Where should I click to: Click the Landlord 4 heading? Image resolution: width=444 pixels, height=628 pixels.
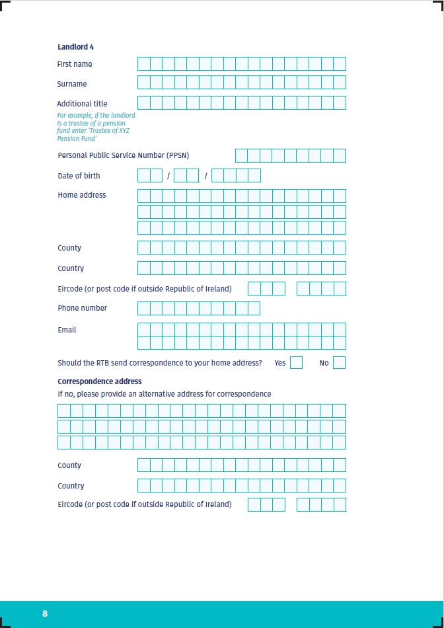pyautogui.click(x=75, y=47)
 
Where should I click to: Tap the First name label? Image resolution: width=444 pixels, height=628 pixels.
pyautogui.click(x=75, y=64)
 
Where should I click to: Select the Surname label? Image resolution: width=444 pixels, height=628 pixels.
pyautogui.click(x=72, y=84)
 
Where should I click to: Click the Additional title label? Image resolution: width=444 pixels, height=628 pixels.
pyautogui.click(x=82, y=104)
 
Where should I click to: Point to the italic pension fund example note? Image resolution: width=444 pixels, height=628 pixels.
pyautogui.click(x=96, y=127)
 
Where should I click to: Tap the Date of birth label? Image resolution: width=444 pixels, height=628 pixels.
pyautogui.click(x=79, y=176)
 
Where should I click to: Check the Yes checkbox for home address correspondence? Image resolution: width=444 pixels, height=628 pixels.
pyautogui.click(x=296, y=363)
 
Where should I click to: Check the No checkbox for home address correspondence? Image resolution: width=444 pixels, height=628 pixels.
pyautogui.click(x=339, y=363)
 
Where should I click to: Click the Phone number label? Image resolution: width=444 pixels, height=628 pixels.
pyautogui.click(x=82, y=308)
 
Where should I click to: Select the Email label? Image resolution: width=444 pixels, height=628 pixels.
pyautogui.click(x=67, y=330)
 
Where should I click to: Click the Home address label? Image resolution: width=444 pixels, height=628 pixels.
pyautogui.click(x=81, y=195)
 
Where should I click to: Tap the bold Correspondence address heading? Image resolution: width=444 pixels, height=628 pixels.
pyautogui.click(x=99, y=381)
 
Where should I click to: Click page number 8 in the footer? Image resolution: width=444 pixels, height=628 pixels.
pyautogui.click(x=45, y=613)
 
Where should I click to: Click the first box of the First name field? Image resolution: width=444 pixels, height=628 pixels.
pyautogui.click(x=143, y=64)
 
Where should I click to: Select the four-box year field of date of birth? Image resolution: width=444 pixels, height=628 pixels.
pyautogui.click(x=236, y=176)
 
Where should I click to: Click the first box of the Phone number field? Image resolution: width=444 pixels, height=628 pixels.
pyautogui.click(x=143, y=309)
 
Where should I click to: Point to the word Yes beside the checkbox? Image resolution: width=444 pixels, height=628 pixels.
pyautogui.click(x=279, y=363)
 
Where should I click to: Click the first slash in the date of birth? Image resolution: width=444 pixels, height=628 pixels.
pyautogui.click(x=168, y=176)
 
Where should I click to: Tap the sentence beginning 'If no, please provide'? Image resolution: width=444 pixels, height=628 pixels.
pyautogui.click(x=164, y=394)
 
